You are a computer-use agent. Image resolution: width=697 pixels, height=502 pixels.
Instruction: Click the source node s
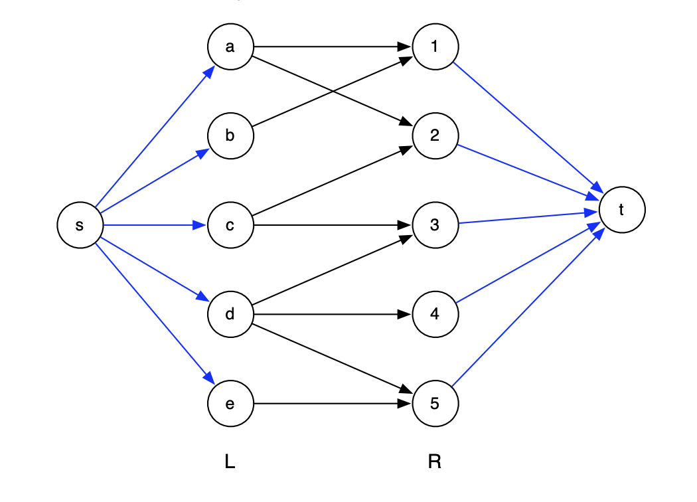click(x=80, y=226)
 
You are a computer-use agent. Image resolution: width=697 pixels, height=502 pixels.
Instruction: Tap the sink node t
click(x=621, y=210)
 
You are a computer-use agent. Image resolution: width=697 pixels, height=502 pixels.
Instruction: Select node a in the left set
click(x=230, y=46)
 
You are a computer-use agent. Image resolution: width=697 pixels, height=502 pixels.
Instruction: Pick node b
click(x=230, y=136)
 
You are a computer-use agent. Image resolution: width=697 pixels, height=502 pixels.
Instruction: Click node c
click(x=230, y=226)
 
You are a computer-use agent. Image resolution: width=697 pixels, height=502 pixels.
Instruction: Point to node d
click(x=230, y=314)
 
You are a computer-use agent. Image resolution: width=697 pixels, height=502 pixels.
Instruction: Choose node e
click(x=230, y=404)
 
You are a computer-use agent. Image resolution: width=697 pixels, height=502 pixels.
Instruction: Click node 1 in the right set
click(x=435, y=46)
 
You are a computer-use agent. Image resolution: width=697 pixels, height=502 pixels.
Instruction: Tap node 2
click(x=435, y=136)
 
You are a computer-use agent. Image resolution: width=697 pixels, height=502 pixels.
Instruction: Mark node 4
click(x=435, y=314)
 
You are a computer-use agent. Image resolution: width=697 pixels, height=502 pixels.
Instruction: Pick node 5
click(x=435, y=404)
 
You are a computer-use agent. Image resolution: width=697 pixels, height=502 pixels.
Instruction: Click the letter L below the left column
click(x=230, y=462)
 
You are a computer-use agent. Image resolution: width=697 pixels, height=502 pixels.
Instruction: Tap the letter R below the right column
click(x=435, y=462)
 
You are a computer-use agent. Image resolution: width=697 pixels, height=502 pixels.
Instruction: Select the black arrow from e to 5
click(x=332, y=404)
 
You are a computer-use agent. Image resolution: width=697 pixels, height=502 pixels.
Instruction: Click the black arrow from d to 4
click(x=332, y=314)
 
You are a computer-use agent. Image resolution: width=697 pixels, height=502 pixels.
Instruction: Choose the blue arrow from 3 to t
click(x=528, y=218)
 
